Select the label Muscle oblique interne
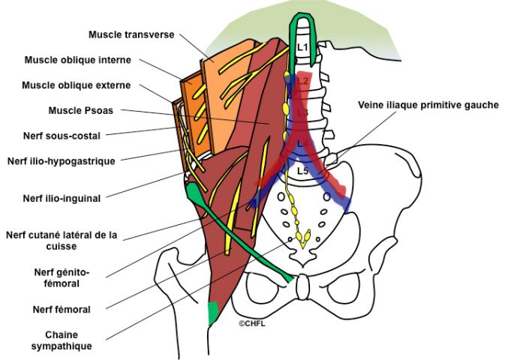78,60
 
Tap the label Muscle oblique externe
77,85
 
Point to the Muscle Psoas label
80,110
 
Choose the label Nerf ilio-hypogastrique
61,160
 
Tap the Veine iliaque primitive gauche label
428,105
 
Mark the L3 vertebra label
302,112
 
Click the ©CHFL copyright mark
252,323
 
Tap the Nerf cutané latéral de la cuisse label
62,240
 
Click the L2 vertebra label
302,79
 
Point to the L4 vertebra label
302,142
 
